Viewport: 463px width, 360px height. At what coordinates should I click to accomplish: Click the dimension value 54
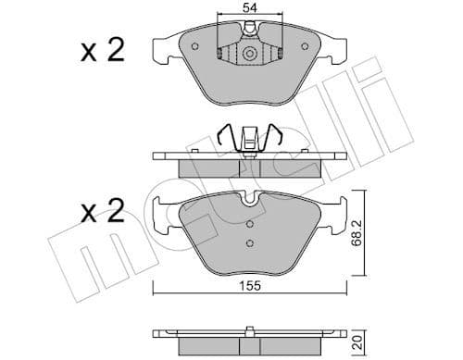pos(249,8)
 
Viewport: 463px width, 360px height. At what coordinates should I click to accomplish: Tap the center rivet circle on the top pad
pos(250,56)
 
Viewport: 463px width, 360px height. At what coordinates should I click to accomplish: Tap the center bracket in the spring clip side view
pos(250,143)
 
